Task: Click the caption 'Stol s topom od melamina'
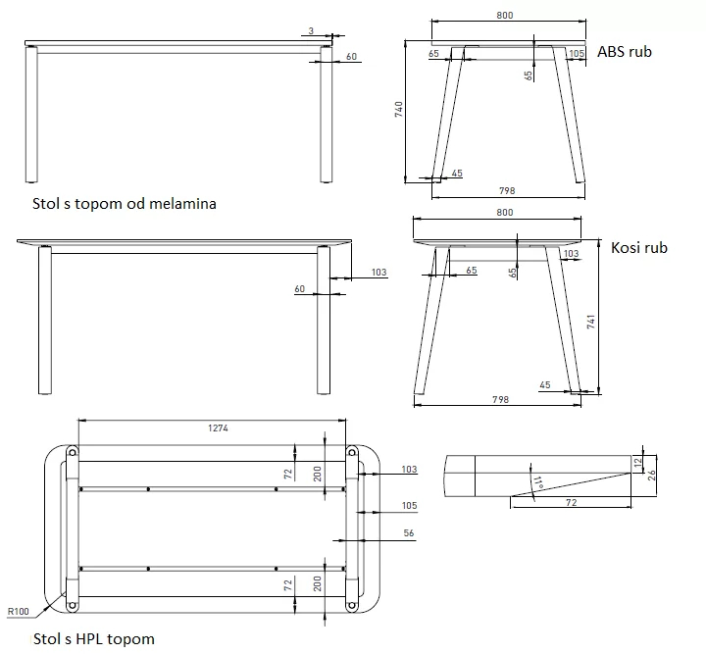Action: (x=124, y=204)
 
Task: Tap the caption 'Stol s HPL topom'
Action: (x=94, y=638)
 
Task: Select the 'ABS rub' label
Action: (x=625, y=52)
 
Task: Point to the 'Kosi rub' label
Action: (x=638, y=248)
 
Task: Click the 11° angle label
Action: (x=536, y=482)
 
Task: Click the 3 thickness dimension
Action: (x=310, y=31)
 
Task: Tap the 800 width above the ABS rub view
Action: (x=505, y=15)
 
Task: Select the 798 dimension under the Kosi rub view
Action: (x=501, y=401)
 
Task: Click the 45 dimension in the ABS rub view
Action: (x=457, y=174)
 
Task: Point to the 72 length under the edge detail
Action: (x=570, y=501)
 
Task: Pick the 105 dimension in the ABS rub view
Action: (x=577, y=53)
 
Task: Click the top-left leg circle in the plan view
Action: (x=73, y=451)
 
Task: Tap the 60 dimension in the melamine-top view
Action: (x=351, y=57)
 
